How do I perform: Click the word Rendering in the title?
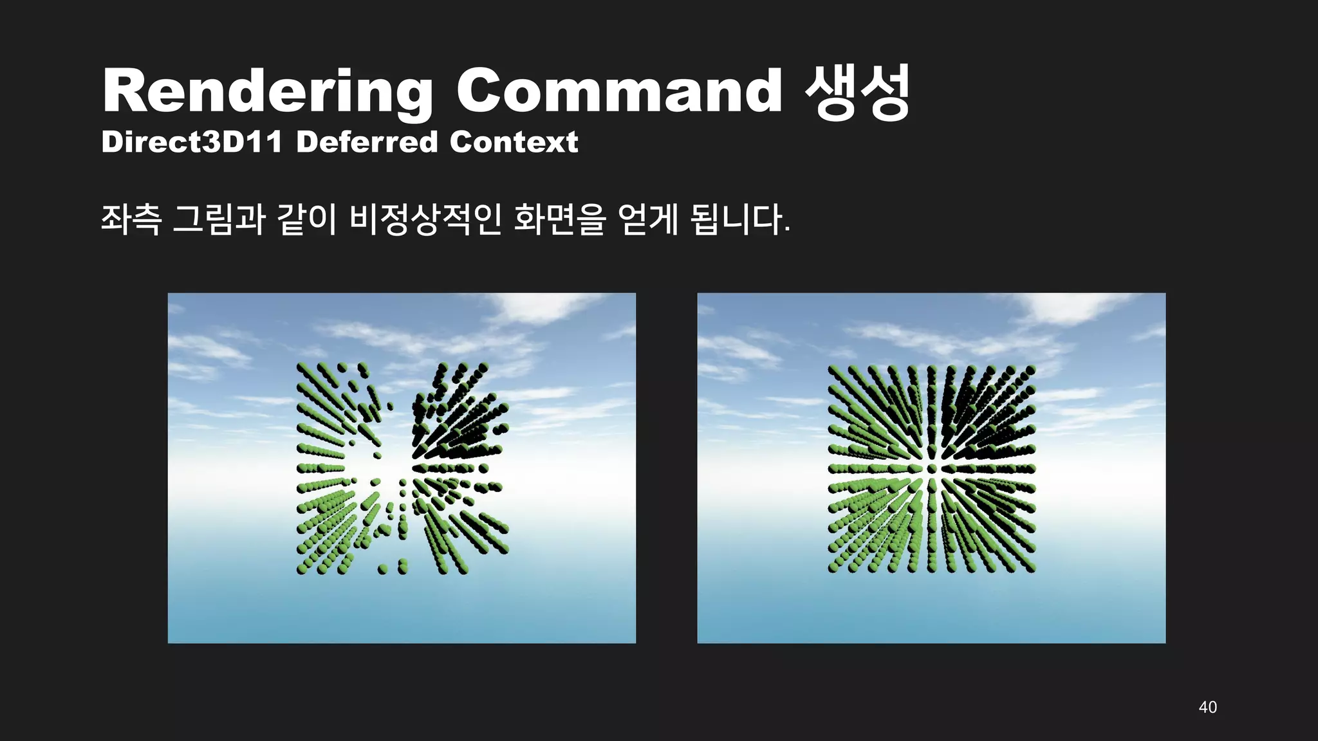(x=267, y=91)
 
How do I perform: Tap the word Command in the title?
(x=619, y=91)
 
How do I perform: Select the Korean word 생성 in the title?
(x=857, y=93)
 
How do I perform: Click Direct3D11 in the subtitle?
(x=192, y=142)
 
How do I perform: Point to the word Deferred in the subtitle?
(x=367, y=142)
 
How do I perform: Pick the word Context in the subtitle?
(x=514, y=142)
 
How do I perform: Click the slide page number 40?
(x=1207, y=707)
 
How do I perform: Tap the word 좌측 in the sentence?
(x=131, y=219)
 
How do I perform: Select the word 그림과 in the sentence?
(x=219, y=219)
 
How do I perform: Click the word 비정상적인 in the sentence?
(x=425, y=219)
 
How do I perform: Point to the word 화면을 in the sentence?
(x=560, y=219)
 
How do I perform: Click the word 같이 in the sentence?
(x=307, y=219)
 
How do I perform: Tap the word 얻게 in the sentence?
(x=647, y=219)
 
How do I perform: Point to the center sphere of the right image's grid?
(x=931, y=469)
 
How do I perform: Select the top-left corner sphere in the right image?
(x=833, y=370)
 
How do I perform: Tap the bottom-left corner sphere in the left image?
(x=301, y=569)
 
